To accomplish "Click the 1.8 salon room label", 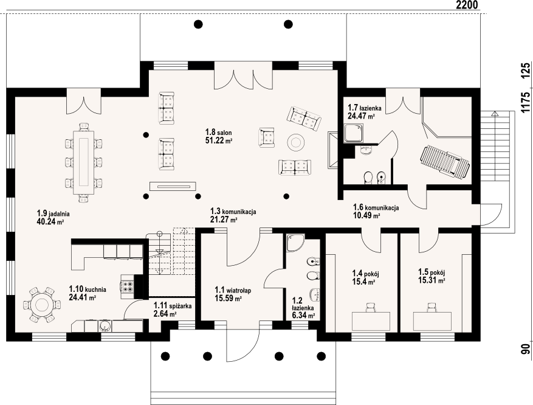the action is click(219, 132).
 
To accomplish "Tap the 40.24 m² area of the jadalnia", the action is click(50, 222).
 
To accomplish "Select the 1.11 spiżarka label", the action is click(173, 306).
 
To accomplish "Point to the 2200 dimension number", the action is click(467, 4).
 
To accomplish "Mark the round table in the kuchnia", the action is click(42, 305).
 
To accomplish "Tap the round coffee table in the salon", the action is click(295, 142).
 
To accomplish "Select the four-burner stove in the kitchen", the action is click(128, 286).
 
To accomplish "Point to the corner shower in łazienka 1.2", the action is click(295, 243).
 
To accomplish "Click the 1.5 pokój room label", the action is click(432, 272).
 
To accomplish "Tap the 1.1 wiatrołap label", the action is click(233, 291).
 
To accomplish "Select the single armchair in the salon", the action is click(266, 137).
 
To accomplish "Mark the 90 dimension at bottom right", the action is click(526, 349).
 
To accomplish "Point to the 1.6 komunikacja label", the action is click(376, 207).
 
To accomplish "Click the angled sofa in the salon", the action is click(304, 119).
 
